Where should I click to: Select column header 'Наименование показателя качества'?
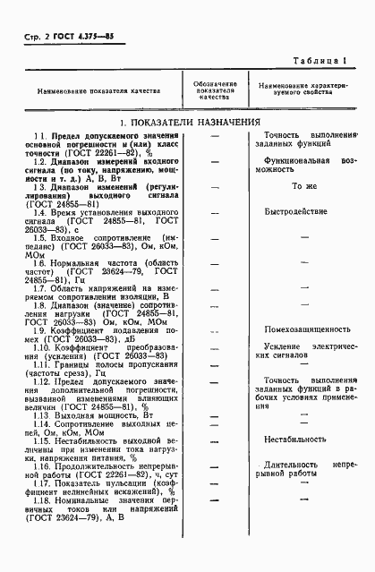(x=98, y=90)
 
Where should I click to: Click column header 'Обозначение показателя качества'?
(x=216, y=90)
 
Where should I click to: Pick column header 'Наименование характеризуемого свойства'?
(x=303, y=90)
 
